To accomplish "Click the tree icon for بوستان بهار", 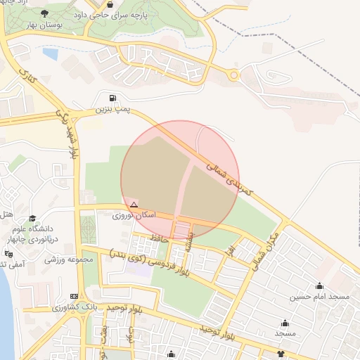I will [45, 13].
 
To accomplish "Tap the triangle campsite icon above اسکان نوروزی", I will [134, 205].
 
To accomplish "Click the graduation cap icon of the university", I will [15, 229].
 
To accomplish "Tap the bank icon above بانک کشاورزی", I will [75, 297].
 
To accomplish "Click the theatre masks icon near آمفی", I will [8, 253].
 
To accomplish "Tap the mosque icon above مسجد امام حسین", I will [320, 286].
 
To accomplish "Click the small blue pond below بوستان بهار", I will [50, 53].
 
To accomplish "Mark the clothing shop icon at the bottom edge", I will [282, 353].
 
